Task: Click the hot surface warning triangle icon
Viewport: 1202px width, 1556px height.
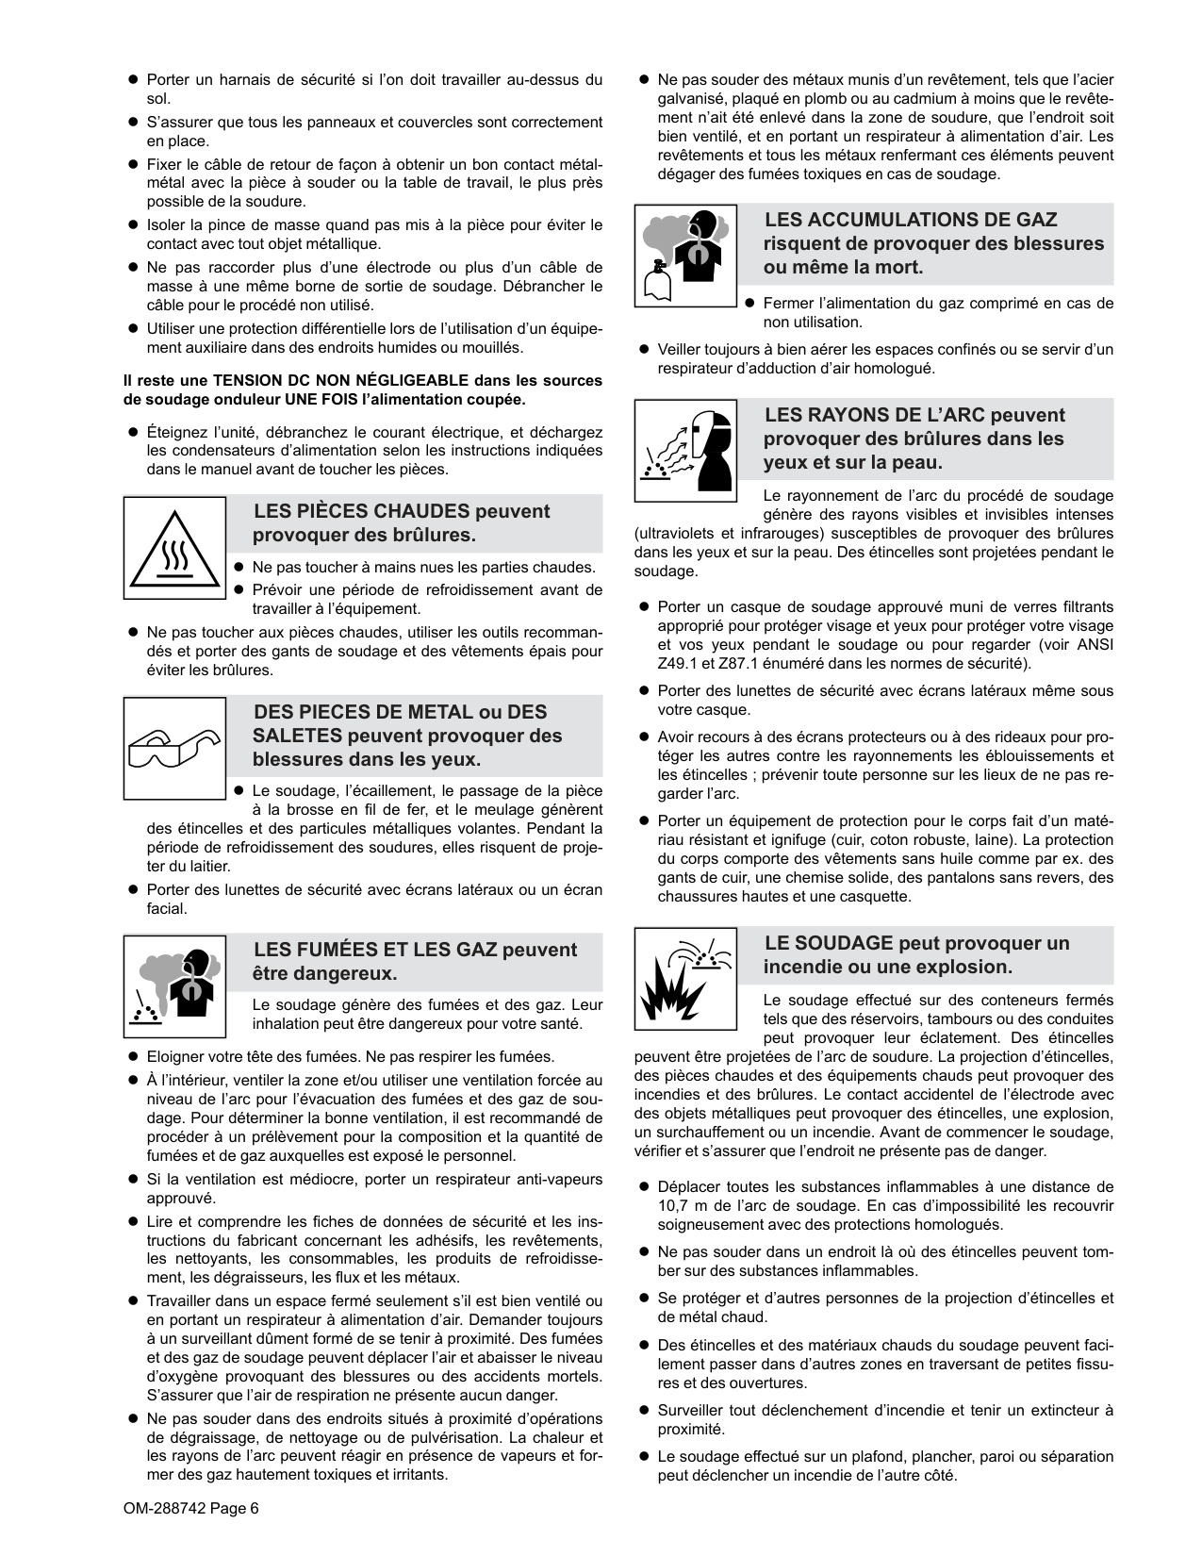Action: (x=174, y=548)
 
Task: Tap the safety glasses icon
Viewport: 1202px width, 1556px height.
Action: (x=174, y=747)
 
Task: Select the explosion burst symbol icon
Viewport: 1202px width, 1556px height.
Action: (x=684, y=979)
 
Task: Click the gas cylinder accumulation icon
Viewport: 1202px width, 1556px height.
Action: (x=684, y=256)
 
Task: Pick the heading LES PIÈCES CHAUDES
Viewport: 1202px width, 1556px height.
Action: (x=402, y=523)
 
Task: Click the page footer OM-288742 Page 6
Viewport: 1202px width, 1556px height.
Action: (x=190, y=1508)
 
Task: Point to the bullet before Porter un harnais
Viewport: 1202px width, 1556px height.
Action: (x=134, y=80)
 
